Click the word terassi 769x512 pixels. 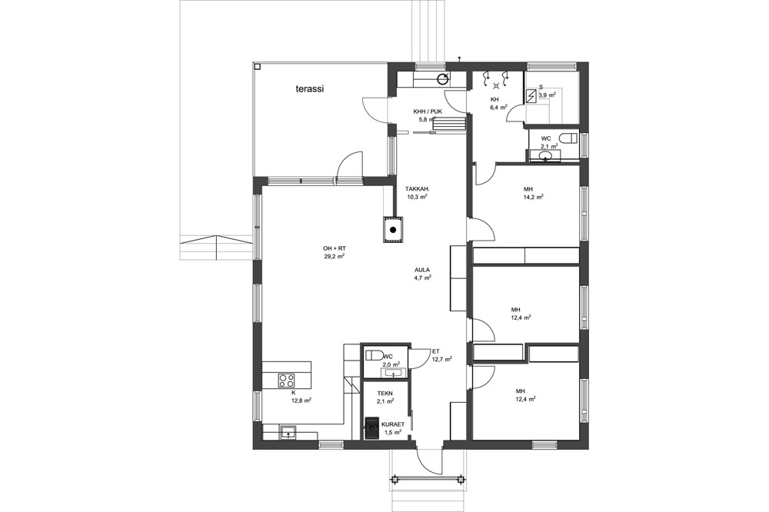pos(311,88)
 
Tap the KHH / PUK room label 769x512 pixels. pos(428,111)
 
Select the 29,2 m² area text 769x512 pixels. pos(334,256)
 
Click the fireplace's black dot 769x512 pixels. pos(393,230)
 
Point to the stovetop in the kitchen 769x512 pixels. pos(287,380)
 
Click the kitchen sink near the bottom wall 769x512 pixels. pos(288,433)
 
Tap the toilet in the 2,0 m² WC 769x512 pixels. pos(376,355)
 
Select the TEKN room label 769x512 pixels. pos(385,394)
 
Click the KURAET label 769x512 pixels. pos(393,424)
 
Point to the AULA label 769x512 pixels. pos(422,270)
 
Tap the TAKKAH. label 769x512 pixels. pos(418,188)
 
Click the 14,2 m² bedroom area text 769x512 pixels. pos(534,197)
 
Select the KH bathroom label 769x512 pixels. pos(494,99)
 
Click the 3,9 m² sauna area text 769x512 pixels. pos(548,95)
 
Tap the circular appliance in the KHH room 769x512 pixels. pos(443,78)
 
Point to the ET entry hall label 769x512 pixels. pos(436,351)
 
